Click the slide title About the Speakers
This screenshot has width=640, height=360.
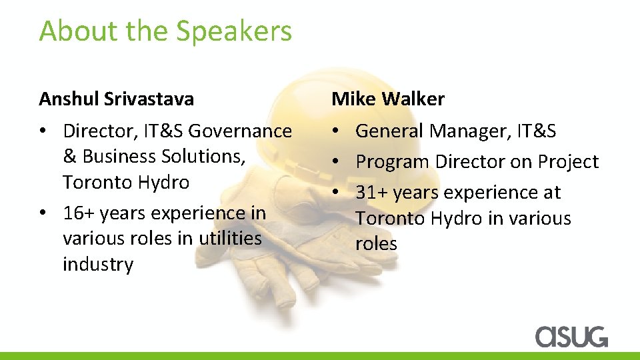click(x=165, y=31)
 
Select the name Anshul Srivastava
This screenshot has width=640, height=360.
click(x=117, y=99)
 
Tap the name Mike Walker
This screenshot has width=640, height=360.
click(x=388, y=99)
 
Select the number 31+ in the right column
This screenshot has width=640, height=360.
click(x=371, y=193)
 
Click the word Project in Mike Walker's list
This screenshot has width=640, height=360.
click(x=568, y=162)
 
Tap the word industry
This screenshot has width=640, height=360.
click(x=98, y=265)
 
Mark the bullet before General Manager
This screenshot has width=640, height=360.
click(x=336, y=131)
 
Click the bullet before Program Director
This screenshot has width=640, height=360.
click(x=336, y=162)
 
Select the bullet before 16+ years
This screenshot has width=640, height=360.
click(x=43, y=213)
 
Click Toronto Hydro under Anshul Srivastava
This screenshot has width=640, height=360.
click(x=126, y=183)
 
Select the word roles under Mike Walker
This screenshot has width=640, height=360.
click(x=376, y=244)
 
